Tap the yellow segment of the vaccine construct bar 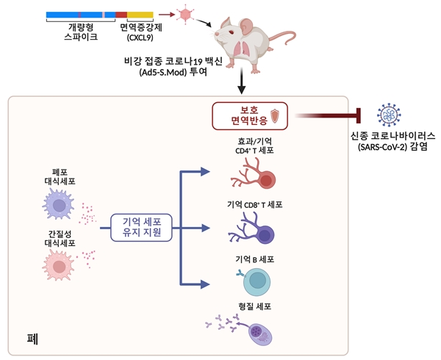pyautogui.click(x=140, y=15)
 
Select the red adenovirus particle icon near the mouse pyautogui.click(x=186, y=13)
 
